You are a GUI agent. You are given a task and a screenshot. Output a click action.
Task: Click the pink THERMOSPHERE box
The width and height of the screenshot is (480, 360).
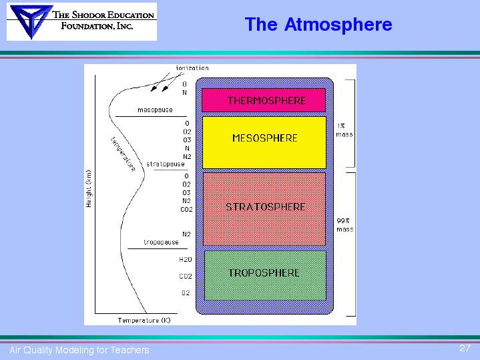(264, 100)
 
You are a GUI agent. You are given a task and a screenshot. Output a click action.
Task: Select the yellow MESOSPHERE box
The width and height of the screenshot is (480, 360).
(264, 142)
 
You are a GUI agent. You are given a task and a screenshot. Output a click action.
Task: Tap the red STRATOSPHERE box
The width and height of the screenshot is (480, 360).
(264, 209)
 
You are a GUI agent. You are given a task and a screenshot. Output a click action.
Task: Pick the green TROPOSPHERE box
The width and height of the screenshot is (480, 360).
(265, 275)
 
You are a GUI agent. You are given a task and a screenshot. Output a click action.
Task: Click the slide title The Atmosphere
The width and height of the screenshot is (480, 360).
(318, 24)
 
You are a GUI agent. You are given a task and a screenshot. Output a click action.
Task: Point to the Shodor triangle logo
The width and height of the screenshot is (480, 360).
(30, 21)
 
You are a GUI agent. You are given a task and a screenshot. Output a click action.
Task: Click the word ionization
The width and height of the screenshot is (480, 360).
(192, 68)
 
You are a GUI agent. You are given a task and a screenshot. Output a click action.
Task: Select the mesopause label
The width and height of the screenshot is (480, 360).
(155, 110)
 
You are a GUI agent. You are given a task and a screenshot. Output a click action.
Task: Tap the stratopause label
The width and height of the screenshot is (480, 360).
(166, 164)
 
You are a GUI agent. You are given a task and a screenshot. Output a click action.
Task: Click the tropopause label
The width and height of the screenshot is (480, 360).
(161, 242)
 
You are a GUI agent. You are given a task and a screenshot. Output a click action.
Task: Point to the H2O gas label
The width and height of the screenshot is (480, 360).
(186, 260)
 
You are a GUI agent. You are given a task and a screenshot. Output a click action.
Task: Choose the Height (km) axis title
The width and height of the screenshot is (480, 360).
(89, 189)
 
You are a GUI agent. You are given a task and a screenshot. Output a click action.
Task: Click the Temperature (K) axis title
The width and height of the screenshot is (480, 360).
(144, 320)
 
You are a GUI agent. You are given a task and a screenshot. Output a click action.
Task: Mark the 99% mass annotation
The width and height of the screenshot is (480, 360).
(344, 225)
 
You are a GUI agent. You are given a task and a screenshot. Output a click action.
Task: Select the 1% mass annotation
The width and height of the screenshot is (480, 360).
(344, 130)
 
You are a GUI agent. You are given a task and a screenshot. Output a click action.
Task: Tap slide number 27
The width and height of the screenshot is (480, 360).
(465, 348)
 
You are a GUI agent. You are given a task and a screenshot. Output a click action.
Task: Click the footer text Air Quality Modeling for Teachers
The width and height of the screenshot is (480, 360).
(79, 350)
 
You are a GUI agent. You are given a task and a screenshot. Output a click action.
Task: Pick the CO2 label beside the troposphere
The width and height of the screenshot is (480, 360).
(186, 276)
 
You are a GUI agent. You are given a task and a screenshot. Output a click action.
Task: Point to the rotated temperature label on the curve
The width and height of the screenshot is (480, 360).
(123, 154)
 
